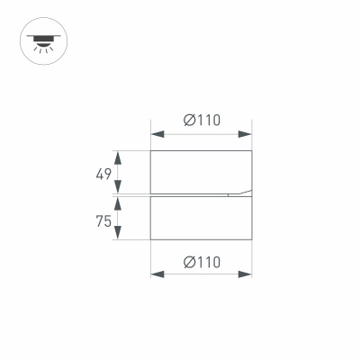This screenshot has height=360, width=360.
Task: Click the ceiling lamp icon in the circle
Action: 40,40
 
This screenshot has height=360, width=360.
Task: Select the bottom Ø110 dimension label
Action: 202,262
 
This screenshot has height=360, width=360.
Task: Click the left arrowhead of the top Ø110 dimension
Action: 157,135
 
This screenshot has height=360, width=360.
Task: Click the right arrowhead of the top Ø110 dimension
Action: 246,135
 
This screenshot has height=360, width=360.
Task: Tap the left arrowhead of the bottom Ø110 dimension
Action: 157,275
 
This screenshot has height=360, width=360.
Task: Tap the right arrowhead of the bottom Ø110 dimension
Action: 246,275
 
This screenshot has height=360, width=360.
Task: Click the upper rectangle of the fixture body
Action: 201,171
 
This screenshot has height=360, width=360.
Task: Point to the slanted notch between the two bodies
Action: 238,193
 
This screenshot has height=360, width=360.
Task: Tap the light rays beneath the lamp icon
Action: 40,48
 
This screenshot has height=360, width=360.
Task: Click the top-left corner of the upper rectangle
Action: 150,150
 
